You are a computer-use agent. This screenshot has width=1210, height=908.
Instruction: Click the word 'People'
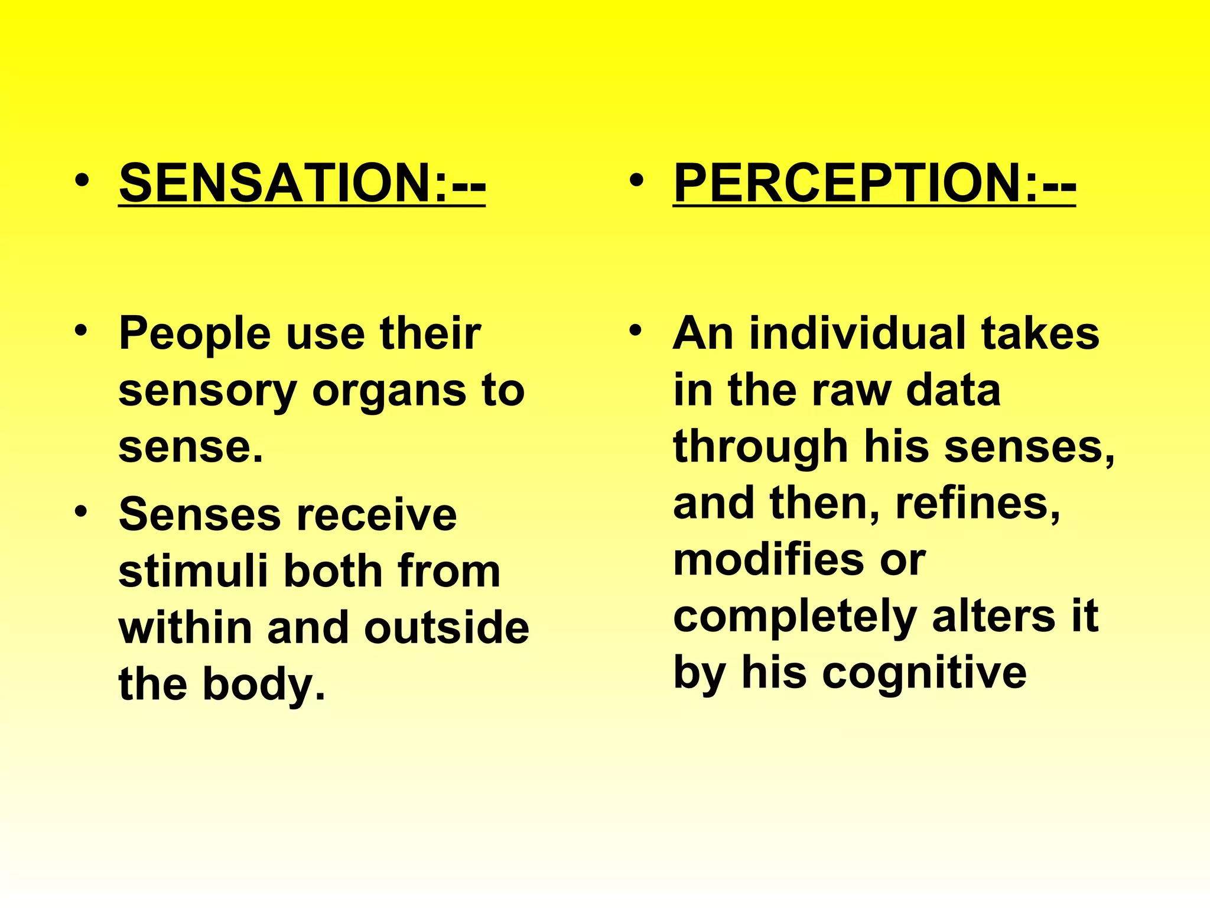pyautogui.click(x=194, y=335)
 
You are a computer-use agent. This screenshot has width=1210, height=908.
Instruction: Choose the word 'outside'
pyautogui.click(x=447, y=628)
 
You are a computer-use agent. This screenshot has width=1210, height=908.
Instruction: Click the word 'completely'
pyautogui.click(x=795, y=617)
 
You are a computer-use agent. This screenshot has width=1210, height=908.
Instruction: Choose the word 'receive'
pyautogui.click(x=376, y=515)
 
